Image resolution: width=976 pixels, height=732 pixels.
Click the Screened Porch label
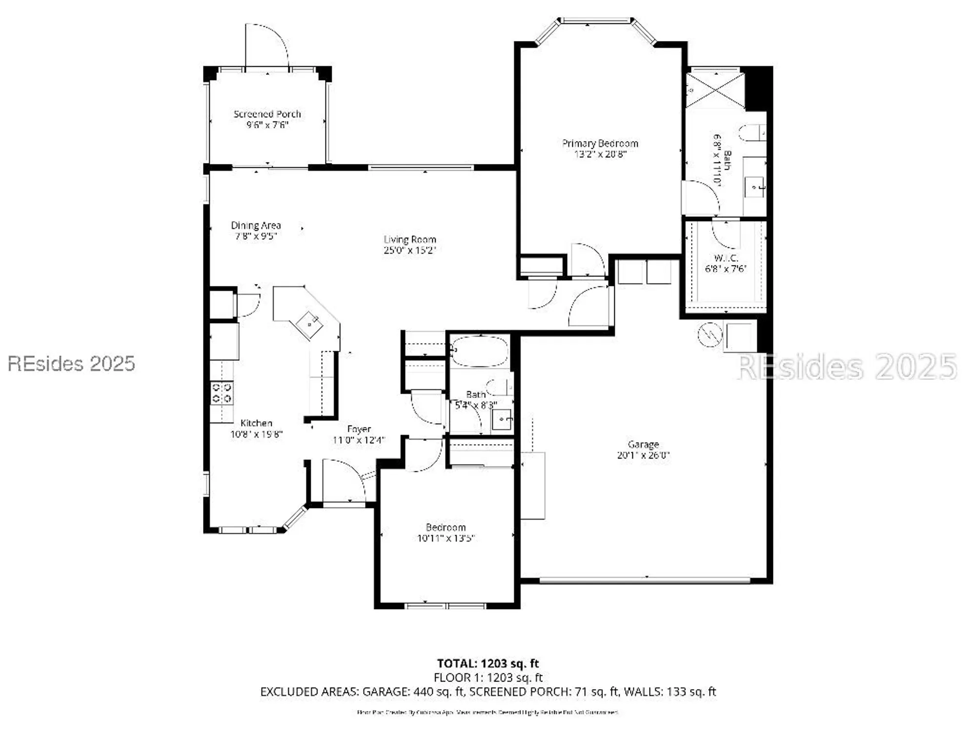click(x=267, y=114)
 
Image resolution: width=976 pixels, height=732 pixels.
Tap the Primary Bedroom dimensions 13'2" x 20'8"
click(x=600, y=154)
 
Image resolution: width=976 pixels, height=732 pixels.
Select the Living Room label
click(x=409, y=239)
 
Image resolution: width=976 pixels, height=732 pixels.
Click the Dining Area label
click(x=256, y=225)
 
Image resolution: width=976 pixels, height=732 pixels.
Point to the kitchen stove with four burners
click(x=221, y=393)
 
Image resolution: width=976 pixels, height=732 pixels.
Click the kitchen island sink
click(x=310, y=324)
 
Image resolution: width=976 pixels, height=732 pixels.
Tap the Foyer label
click(x=359, y=429)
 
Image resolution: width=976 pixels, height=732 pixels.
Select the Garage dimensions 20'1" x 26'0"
click(x=643, y=455)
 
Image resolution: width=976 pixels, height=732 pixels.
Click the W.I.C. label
click(x=726, y=258)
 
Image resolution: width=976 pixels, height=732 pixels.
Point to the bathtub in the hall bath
click(x=480, y=350)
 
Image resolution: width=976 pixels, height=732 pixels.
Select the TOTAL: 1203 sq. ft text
click(x=488, y=663)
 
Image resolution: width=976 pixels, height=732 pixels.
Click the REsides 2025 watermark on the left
click(x=71, y=364)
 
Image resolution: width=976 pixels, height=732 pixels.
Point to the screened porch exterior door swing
click(x=267, y=46)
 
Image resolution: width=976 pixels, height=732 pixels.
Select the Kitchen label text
click(x=256, y=423)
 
